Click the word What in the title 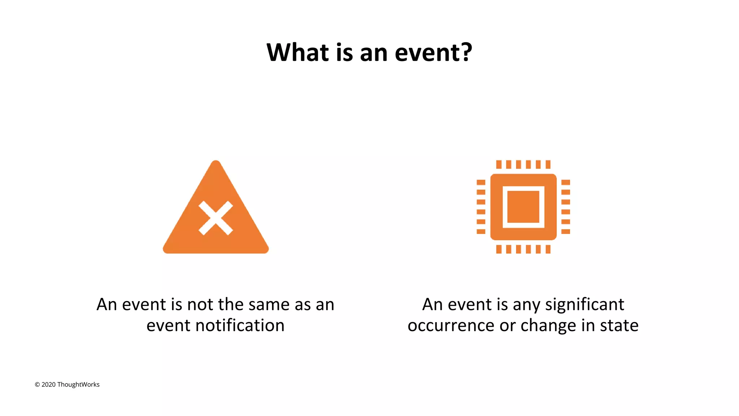297,53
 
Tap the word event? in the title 433,53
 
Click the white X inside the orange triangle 216,218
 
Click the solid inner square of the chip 523,207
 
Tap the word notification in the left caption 240,325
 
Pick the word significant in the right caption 585,304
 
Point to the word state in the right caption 619,325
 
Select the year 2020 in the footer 48,385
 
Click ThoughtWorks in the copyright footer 78,385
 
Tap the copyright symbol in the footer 37,385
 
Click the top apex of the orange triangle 216,162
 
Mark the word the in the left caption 231,304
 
